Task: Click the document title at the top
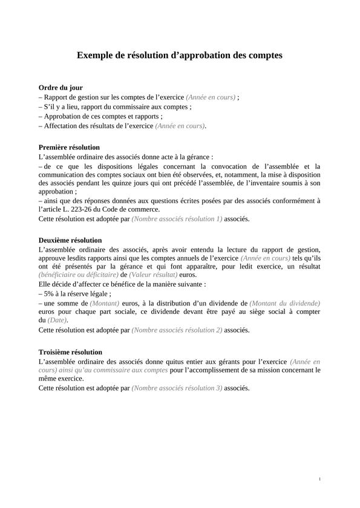pyautogui.click(x=180, y=56)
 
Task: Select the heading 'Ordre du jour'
pyautogui.click(x=61, y=87)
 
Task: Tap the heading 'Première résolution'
pyautogui.click(x=69, y=147)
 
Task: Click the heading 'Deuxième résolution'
pyautogui.click(x=70, y=240)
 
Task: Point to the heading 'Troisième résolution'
pyautogui.click(x=70, y=351)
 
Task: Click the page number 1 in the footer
pyautogui.click(x=319, y=479)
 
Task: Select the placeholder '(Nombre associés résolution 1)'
pyautogui.click(x=177, y=218)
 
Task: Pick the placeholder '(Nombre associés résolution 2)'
pyautogui.click(x=177, y=330)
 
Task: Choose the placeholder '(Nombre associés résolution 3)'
pyautogui.click(x=177, y=388)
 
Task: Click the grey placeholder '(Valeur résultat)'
pyautogui.click(x=157, y=274)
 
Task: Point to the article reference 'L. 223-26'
pyautogui.click(x=74, y=209)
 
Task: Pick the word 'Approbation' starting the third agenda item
pyautogui.click(x=63, y=116)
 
